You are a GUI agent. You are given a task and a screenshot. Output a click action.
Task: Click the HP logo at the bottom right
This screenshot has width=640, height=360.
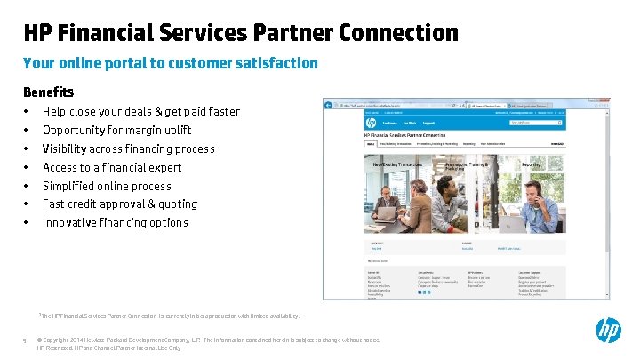[x=608, y=331]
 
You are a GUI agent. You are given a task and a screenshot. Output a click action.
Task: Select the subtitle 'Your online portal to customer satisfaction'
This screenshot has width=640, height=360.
[x=170, y=63]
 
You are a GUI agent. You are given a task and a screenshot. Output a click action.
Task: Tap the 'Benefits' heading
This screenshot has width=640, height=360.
[x=48, y=92]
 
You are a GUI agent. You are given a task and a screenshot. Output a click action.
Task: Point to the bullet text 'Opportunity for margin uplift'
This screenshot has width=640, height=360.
[x=116, y=130]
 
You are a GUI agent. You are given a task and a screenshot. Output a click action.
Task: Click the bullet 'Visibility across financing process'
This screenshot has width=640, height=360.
[x=128, y=148]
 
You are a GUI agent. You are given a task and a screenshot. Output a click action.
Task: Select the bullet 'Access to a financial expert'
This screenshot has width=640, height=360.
[x=112, y=167]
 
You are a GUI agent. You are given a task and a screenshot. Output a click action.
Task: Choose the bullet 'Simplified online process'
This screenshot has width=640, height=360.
[x=107, y=186]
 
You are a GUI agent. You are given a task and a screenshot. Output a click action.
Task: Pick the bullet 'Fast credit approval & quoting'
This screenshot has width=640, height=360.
[x=120, y=204]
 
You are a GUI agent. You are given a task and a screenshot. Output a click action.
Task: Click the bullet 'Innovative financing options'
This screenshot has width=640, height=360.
[x=115, y=222]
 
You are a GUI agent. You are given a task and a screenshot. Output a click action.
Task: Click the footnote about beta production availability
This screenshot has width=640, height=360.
[x=169, y=316]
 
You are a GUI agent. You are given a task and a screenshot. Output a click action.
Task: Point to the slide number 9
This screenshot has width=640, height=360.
[x=26, y=340]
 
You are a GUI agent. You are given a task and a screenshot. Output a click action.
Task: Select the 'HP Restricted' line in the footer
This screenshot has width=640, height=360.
[x=108, y=348]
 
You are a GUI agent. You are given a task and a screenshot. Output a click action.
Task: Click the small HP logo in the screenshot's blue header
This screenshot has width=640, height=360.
[x=370, y=123]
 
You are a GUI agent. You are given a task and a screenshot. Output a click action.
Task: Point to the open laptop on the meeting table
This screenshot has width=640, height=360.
[x=387, y=213]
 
